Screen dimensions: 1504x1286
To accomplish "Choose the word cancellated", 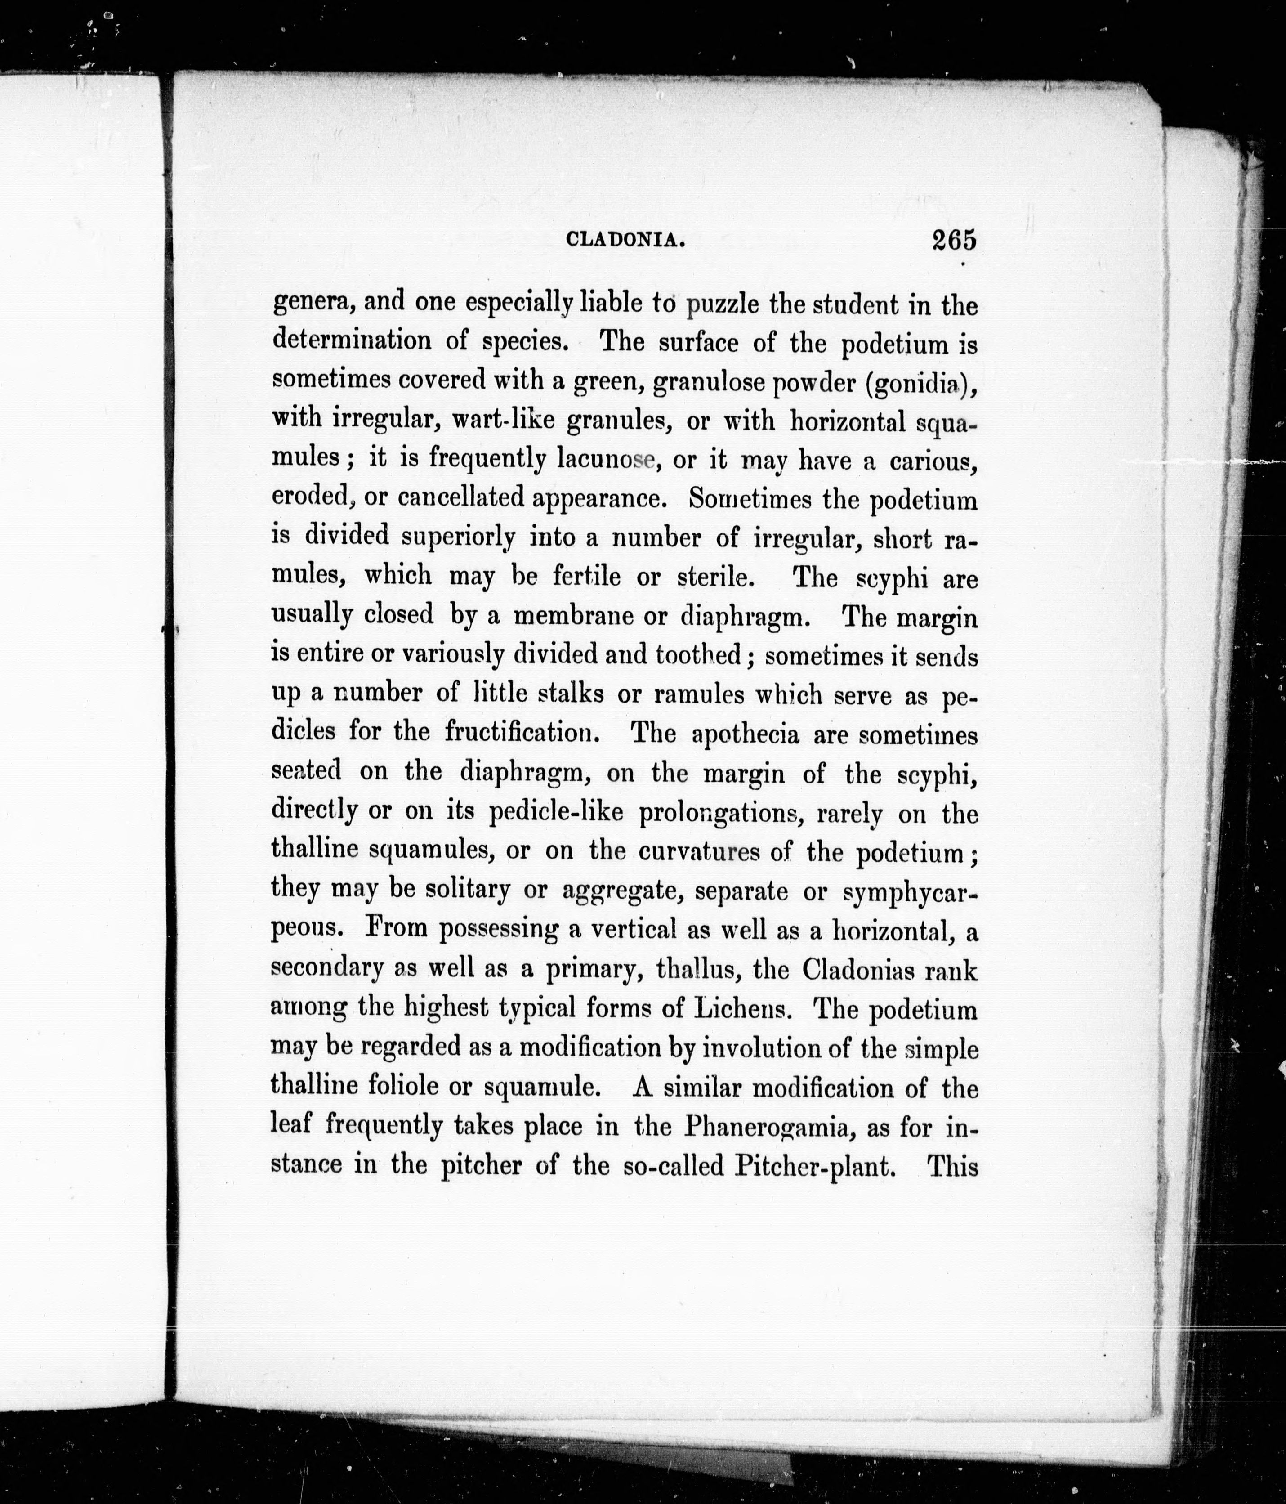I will click(460, 498).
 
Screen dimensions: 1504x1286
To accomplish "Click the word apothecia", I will click(746, 734).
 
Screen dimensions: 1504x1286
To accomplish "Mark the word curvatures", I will click(699, 851).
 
